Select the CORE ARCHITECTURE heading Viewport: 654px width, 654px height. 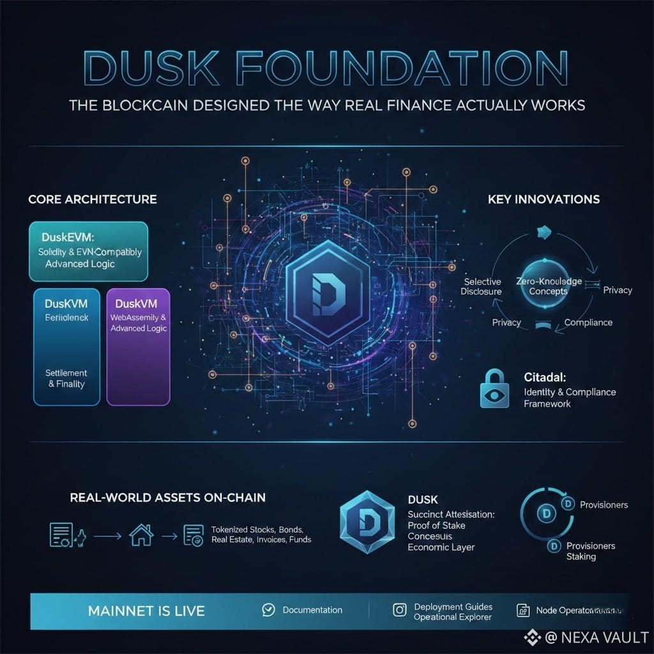93,199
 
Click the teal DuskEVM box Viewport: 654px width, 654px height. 89,251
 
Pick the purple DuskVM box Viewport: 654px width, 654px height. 139,346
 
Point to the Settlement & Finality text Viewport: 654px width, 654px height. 66,378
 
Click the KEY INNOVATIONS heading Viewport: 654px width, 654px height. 544,199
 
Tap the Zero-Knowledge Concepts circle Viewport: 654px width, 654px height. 548,286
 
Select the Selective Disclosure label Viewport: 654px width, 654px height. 482,286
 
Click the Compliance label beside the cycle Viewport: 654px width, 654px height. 588,323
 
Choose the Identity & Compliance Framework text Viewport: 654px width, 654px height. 568,397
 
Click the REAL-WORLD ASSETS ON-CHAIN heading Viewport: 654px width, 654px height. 168,497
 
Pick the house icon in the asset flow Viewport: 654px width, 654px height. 141,534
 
